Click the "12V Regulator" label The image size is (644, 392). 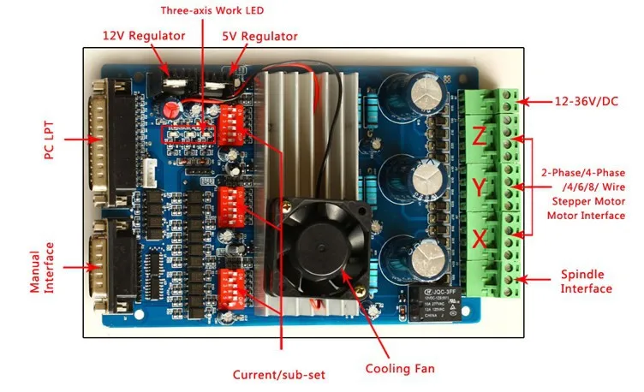pos(144,36)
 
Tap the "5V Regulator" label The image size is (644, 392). pos(260,36)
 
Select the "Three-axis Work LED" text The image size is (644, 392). pos(212,10)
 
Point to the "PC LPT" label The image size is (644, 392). pos(49,140)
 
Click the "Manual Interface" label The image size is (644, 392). pos(41,268)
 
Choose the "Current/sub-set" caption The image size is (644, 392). pos(279,374)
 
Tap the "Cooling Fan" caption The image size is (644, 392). pos(400,368)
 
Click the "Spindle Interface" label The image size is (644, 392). pos(587,282)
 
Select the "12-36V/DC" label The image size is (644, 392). pos(587,101)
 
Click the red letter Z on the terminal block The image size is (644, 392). pos(479,136)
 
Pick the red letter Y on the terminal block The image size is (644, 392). pos(479,187)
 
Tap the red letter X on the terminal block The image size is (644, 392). pos(480,239)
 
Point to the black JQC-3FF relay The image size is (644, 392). pos(435,302)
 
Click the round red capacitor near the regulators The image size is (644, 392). pos(172,109)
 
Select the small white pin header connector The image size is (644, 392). pos(151,172)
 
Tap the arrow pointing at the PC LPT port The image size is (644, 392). pos(83,140)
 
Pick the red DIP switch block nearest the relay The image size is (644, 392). pos(231,289)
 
